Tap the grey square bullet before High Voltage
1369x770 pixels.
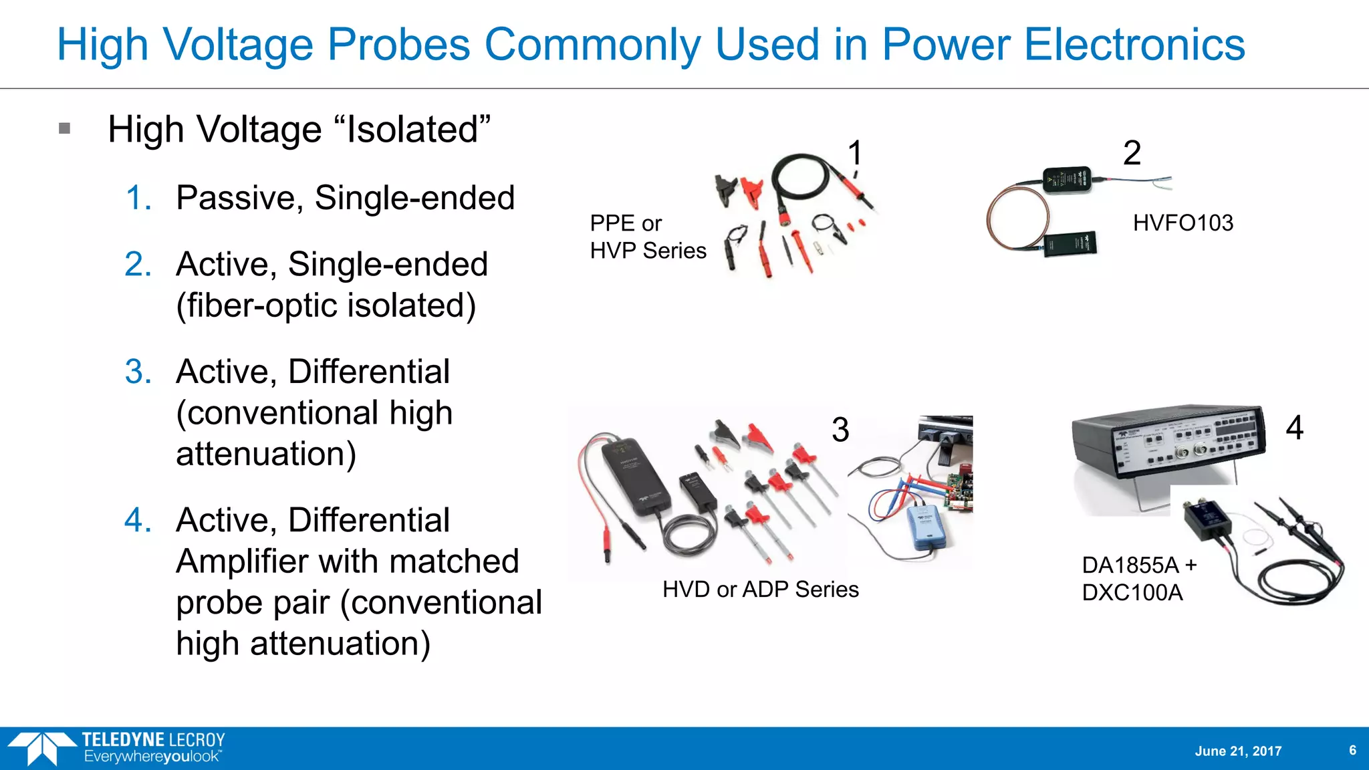(x=65, y=128)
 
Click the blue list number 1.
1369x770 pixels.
(x=138, y=198)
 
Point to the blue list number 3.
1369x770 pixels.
(x=138, y=372)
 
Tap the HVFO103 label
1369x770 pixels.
(x=1183, y=223)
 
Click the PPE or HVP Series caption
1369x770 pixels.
(x=647, y=237)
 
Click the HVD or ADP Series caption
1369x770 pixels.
(x=760, y=589)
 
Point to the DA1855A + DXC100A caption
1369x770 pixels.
(x=1138, y=579)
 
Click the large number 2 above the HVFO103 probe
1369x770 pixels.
(x=1132, y=153)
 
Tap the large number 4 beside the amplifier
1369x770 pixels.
(x=1294, y=428)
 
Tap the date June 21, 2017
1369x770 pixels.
(x=1238, y=751)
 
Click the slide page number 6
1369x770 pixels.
(x=1352, y=750)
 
